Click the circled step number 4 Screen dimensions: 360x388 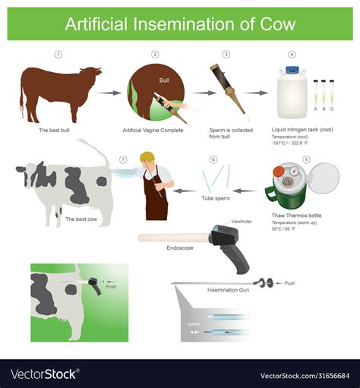click(x=292, y=55)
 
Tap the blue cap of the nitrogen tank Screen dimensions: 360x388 click(x=292, y=70)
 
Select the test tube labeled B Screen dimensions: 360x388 click(x=324, y=92)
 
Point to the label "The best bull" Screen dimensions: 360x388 click(x=54, y=130)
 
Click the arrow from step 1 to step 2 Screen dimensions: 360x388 click(x=109, y=93)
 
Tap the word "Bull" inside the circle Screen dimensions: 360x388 click(x=164, y=80)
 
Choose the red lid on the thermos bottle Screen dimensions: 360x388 click(x=278, y=172)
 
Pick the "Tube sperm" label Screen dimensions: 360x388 click(x=216, y=198)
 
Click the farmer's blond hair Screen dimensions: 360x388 click(x=147, y=156)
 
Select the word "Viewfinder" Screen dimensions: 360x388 click(x=242, y=222)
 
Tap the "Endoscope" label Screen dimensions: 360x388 click(x=180, y=248)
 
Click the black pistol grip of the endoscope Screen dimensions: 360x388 click(x=238, y=260)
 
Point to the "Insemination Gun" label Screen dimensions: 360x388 click(x=228, y=290)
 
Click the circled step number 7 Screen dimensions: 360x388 click(x=123, y=159)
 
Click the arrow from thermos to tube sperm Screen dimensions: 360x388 click(x=245, y=191)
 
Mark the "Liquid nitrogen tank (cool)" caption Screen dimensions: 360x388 click(x=302, y=130)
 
